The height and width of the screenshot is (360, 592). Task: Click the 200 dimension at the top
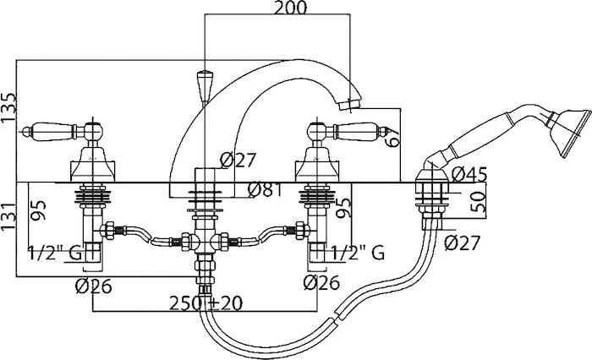[290, 8]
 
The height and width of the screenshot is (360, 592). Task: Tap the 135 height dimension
[8, 107]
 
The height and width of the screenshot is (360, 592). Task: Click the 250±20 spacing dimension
[206, 303]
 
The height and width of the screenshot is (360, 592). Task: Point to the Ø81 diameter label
[265, 190]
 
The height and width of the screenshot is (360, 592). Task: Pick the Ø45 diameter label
[469, 174]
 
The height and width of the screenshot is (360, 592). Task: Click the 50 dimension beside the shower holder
[478, 202]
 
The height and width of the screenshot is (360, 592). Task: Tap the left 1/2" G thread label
[55, 253]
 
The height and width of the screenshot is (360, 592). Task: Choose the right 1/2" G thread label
[358, 253]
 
